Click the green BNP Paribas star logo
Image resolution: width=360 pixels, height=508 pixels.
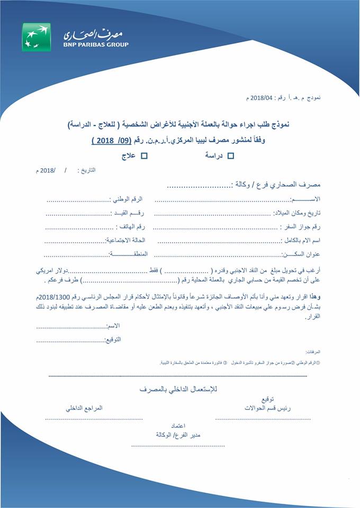(x=37, y=37)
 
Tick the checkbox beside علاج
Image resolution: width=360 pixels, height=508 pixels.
(x=143, y=155)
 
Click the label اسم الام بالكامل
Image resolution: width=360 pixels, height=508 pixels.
(x=302, y=240)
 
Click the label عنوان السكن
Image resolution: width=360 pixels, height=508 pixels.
(x=304, y=254)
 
